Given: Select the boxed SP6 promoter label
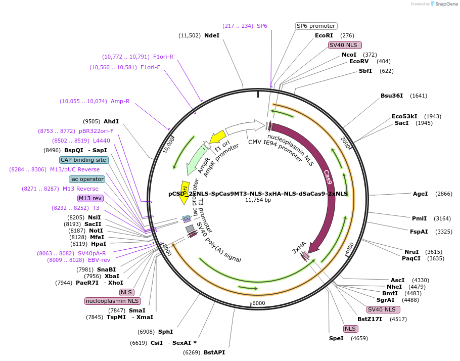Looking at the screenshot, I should (x=316, y=26).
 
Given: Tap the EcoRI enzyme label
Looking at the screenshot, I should (x=324, y=35).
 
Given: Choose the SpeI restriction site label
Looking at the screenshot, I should (x=336, y=338).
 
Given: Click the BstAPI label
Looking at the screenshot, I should (x=214, y=352).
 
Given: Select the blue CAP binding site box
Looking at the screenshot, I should (x=83, y=160).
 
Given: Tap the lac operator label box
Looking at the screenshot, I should (x=87, y=179).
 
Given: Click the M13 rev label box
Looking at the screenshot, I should (x=90, y=198).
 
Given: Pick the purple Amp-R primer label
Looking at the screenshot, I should (x=120, y=101).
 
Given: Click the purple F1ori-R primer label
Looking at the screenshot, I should (x=163, y=57).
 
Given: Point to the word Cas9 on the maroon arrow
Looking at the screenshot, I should (x=328, y=176).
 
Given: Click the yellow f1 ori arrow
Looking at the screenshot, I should (x=218, y=137).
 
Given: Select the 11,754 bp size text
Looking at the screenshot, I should (x=258, y=200).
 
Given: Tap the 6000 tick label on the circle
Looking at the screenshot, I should (x=258, y=303).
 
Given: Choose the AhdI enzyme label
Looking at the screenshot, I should (x=111, y=121).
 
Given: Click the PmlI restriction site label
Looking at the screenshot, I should (x=420, y=218).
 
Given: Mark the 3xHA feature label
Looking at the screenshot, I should (x=299, y=247).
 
